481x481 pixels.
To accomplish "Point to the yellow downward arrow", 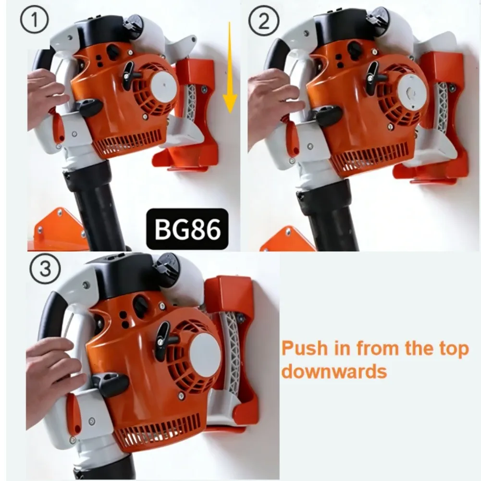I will pos(230,67).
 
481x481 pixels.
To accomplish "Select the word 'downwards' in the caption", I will pos(334,371).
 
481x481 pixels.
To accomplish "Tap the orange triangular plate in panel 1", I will pos(55,226).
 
